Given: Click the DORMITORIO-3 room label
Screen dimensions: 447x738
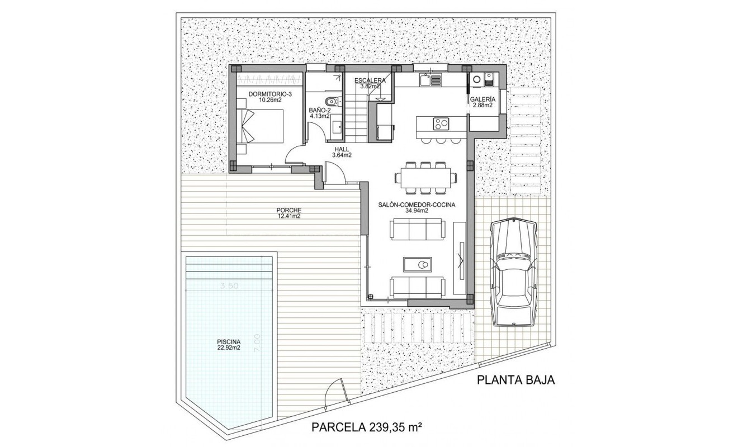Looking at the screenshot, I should [270, 94].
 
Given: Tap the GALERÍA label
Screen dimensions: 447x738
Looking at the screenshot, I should [482, 99].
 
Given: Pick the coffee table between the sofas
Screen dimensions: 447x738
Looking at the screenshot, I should [419, 264].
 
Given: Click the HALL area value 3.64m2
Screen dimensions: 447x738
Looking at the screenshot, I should [342, 155].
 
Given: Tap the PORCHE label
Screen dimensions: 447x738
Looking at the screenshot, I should [288, 210].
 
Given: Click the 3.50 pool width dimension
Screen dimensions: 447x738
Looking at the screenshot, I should [229, 286].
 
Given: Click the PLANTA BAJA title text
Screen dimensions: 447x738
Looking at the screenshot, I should [515, 381].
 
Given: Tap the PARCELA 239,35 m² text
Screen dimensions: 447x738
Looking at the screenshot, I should [366, 427].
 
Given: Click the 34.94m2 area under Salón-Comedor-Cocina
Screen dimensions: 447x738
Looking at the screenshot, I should [417, 211].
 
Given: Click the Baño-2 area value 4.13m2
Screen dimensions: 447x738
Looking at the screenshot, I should [320, 116].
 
